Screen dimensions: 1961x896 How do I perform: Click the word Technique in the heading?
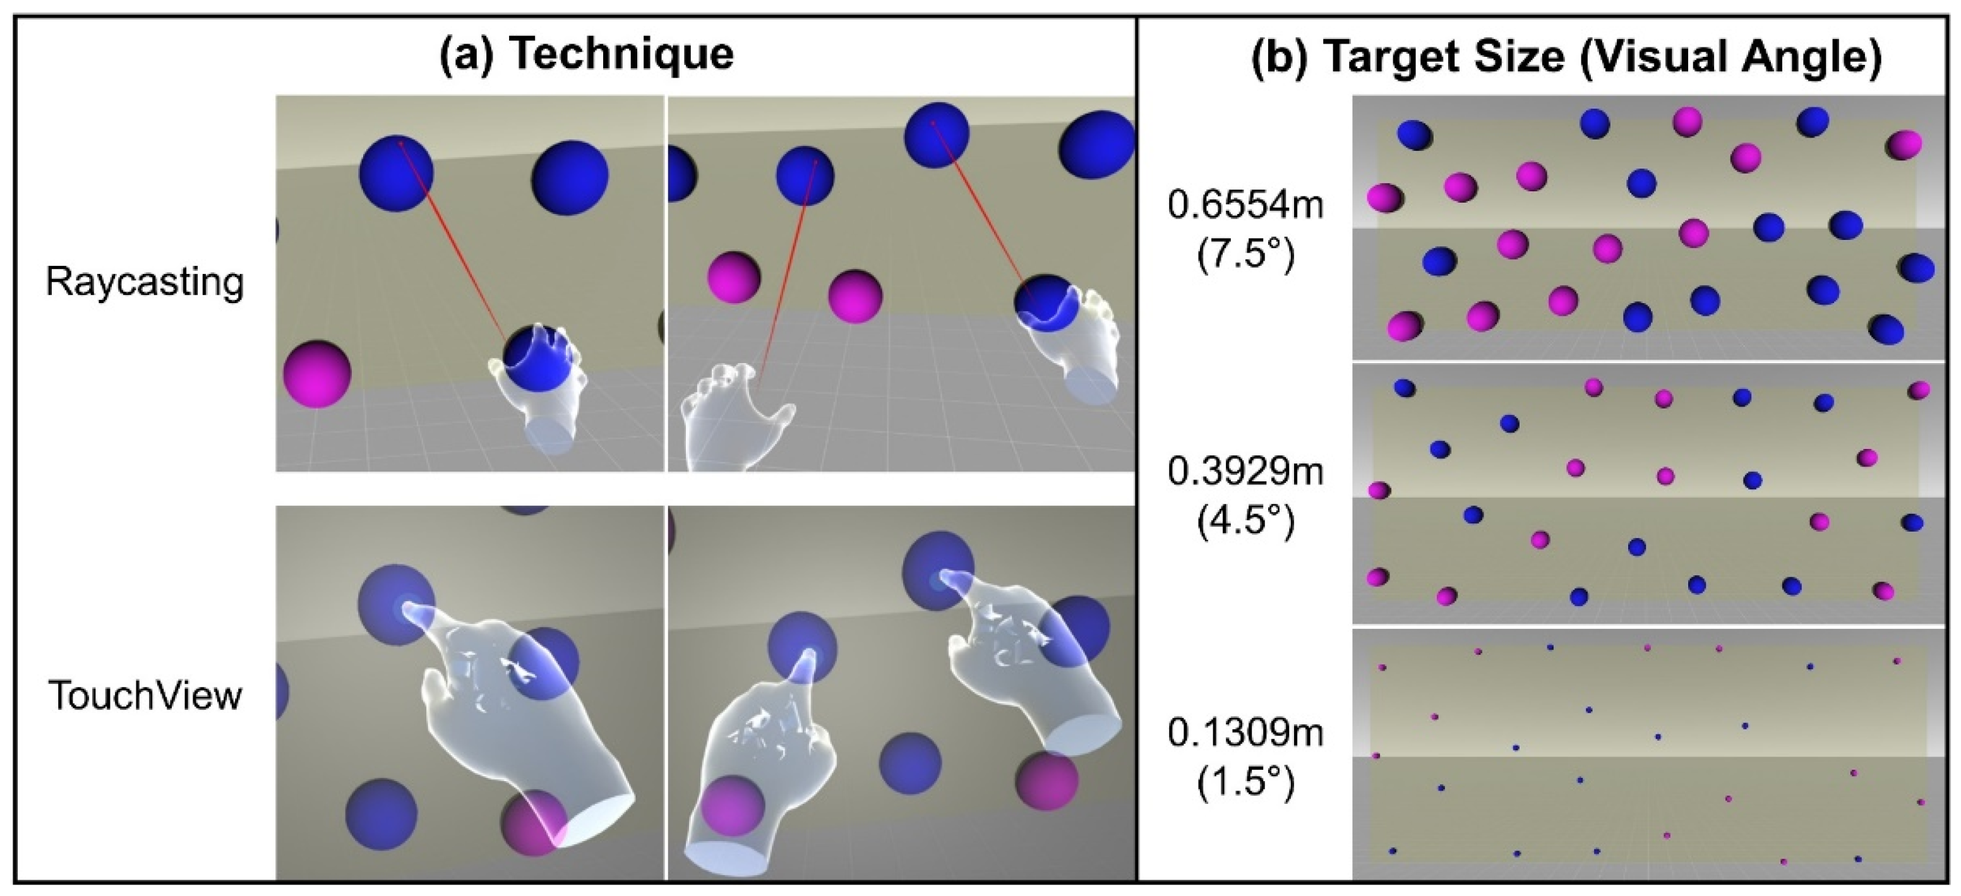click(620, 53)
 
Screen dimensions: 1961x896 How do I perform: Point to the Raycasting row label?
click(145, 282)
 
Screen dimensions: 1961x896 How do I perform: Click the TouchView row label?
click(145, 695)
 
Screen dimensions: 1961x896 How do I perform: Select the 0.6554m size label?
click(1245, 206)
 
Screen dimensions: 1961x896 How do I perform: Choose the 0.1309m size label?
click(1245, 733)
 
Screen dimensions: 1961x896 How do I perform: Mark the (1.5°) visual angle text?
click(1245, 782)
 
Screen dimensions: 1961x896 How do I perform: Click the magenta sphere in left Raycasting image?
click(316, 374)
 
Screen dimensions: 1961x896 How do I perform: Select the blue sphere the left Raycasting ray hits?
click(396, 173)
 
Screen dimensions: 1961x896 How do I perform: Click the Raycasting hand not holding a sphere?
click(735, 419)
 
